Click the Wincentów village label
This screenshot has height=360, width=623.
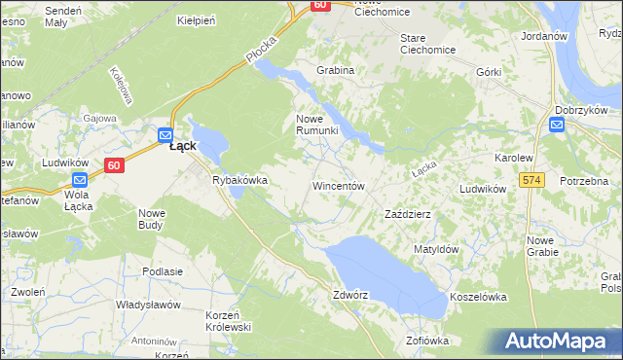tap(338, 185)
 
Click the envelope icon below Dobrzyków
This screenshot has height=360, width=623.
tap(557, 125)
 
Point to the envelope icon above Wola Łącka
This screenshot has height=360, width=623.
tap(81, 179)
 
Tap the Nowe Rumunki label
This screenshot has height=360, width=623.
tap(316, 125)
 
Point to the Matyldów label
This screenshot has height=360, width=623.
tap(436, 249)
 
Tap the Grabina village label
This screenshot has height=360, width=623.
tap(335, 71)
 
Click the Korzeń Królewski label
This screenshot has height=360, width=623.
tap(229, 321)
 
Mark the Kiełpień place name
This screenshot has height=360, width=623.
tap(195, 19)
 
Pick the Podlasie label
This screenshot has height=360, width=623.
tap(163, 271)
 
